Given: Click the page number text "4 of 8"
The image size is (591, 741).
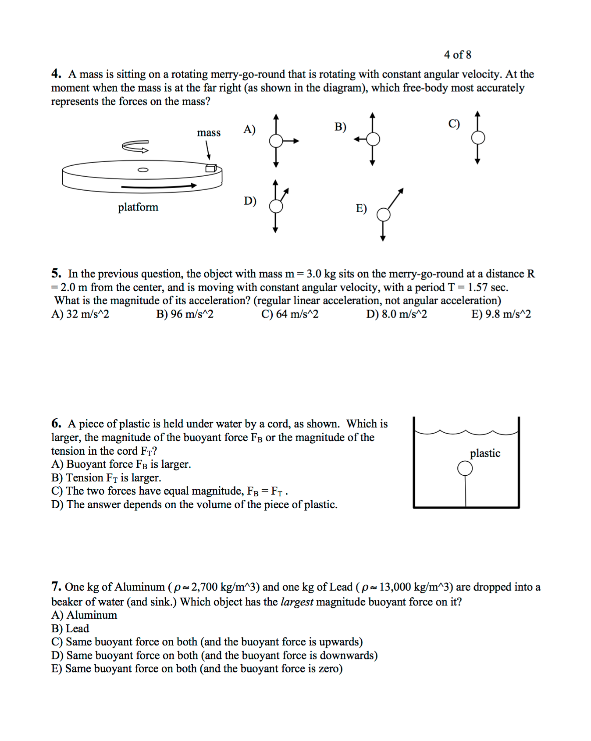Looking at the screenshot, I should point(457,55).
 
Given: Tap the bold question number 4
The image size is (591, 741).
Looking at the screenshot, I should point(56,74).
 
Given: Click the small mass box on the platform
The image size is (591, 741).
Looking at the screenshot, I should point(211,168).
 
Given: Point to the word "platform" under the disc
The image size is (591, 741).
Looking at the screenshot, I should point(138,207).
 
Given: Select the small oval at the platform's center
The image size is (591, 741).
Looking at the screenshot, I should point(143,170).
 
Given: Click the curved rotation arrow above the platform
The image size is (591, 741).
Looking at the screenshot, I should point(135,146).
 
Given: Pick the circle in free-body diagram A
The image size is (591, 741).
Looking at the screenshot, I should point(276,141).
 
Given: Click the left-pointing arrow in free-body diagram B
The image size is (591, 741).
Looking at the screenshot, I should point(360,139).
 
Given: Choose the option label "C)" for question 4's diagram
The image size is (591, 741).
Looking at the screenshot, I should point(454,124).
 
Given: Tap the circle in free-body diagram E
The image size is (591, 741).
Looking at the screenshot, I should point(384,215).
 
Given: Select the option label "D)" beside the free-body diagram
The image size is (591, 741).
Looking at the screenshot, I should point(250,201).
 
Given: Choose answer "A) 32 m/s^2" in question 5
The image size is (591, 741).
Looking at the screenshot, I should point(80,314).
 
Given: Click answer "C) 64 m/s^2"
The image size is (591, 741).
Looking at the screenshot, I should point(290,314).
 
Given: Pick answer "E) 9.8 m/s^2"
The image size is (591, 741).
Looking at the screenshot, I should point(501,314).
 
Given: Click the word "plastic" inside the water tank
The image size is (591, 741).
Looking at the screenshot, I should point(485,453).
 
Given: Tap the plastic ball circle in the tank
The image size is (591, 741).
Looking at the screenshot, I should point(465,468).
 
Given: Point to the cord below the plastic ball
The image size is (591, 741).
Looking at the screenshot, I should point(465,491).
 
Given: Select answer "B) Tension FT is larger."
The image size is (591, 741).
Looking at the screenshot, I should point(106,477).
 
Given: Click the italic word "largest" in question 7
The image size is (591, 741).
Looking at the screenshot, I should point(297,602).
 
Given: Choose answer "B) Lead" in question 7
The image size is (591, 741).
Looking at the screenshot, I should point(70,629).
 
